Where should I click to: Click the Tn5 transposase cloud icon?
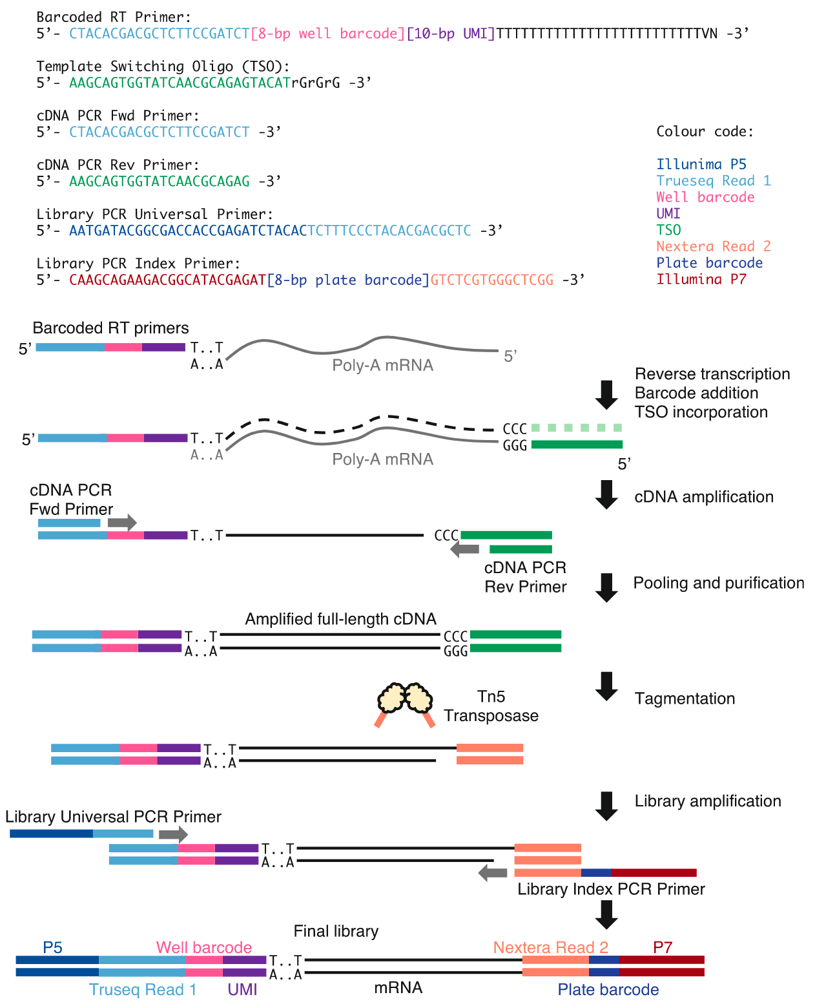point(405,698)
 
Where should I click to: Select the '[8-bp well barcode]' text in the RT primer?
point(327,34)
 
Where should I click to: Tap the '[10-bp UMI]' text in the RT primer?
point(450,34)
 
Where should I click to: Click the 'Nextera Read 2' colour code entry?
point(713,246)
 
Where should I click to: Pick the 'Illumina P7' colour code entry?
point(701,279)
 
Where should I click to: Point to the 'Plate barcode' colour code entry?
point(709,263)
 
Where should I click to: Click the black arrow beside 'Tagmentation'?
point(606,686)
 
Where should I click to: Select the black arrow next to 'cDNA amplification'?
point(606,495)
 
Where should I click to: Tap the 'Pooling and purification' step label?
point(718,583)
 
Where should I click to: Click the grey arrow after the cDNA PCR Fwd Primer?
point(122,522)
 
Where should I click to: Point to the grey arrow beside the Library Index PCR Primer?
point(493,873)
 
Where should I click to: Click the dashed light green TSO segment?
point(576,428)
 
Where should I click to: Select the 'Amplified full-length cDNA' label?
point(340,619)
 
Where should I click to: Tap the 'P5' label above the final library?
point(52,947)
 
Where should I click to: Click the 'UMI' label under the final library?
point(242,989)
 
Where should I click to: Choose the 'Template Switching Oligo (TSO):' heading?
point(163,66)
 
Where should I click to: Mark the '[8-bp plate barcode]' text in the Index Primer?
point(348,280)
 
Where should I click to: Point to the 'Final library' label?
point(336,931)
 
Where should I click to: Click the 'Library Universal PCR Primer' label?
point(113,817)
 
